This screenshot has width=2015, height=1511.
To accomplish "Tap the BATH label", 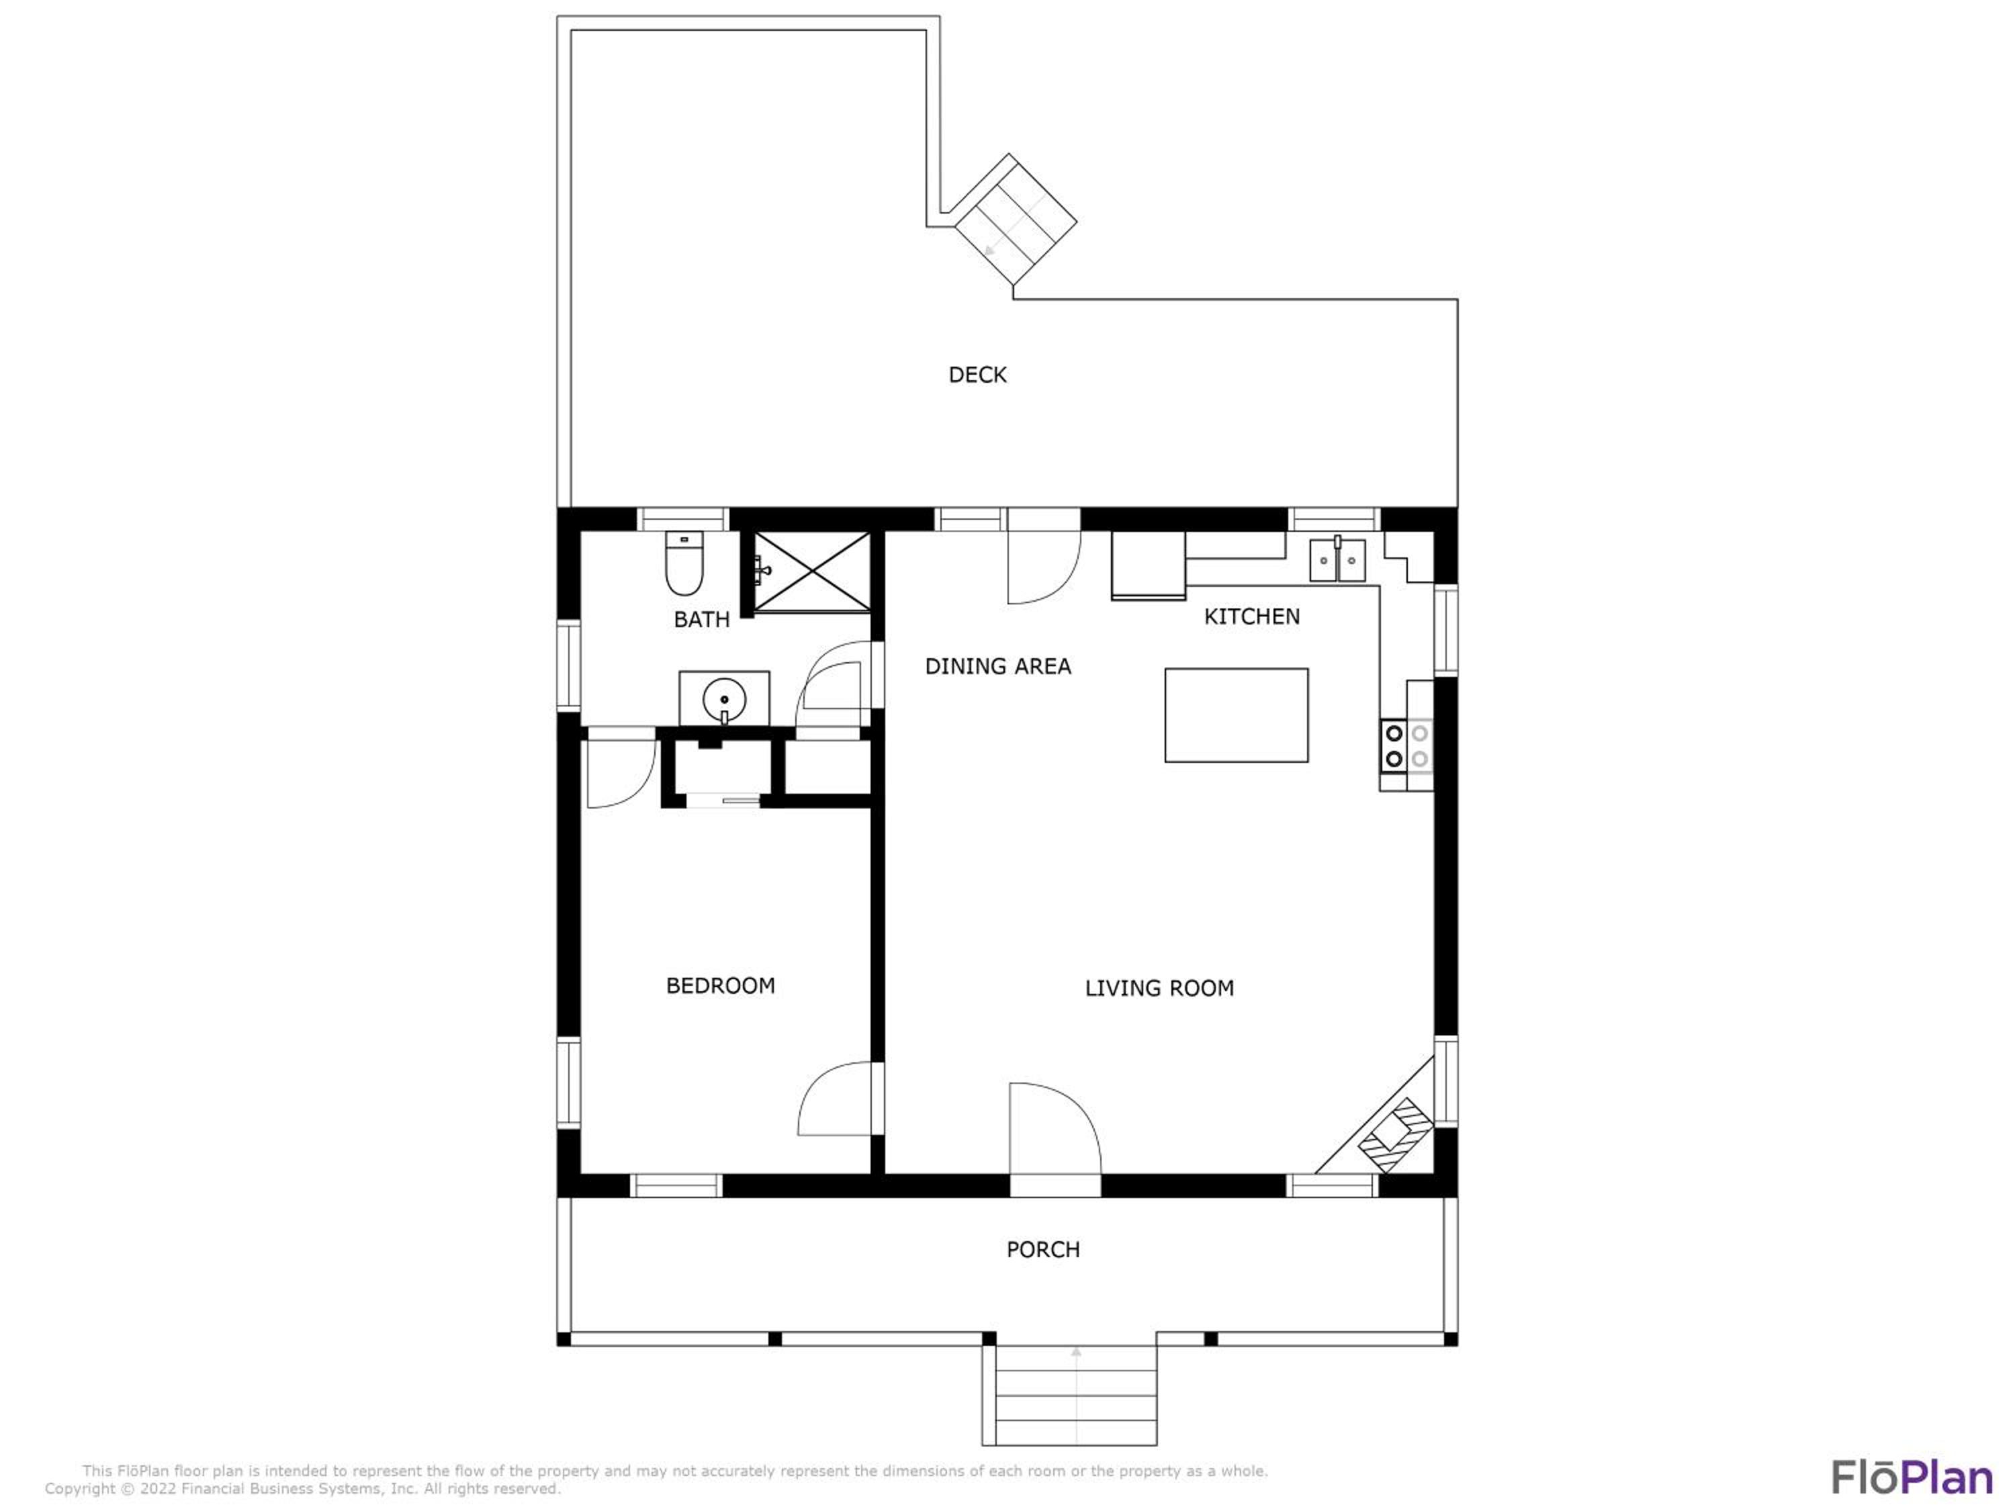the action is pyautogui.click(x=701, y=619).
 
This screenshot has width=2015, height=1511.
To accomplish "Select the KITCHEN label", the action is pyautogui.click(x=1251, y=616).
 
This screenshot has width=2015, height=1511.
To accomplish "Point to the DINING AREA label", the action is pyautogui.click(x=997, y=667).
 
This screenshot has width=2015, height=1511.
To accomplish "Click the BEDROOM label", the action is pyautogui.click(x=721, y=985).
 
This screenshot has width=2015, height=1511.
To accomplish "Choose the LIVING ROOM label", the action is pyautogui.click(x=1159, y=989).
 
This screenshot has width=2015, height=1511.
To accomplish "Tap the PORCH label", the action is pyautogui.click(x=1043, y=1250).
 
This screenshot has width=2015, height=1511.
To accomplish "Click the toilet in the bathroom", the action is pyautogui.click(x=684, y=563).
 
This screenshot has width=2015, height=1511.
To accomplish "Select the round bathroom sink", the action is pyautogui.click(x=724, y=700).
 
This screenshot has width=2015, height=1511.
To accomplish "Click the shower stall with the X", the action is pyautogui.click(x=811, y=572).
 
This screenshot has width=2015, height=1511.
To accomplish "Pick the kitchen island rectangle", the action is pyautogui.click(x=1236, y=715).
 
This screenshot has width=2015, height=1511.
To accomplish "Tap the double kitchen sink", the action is pyautogui.click(x=1337, y=559).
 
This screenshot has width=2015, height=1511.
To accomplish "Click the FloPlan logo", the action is pyautogui.click(x=1912, y=1477).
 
